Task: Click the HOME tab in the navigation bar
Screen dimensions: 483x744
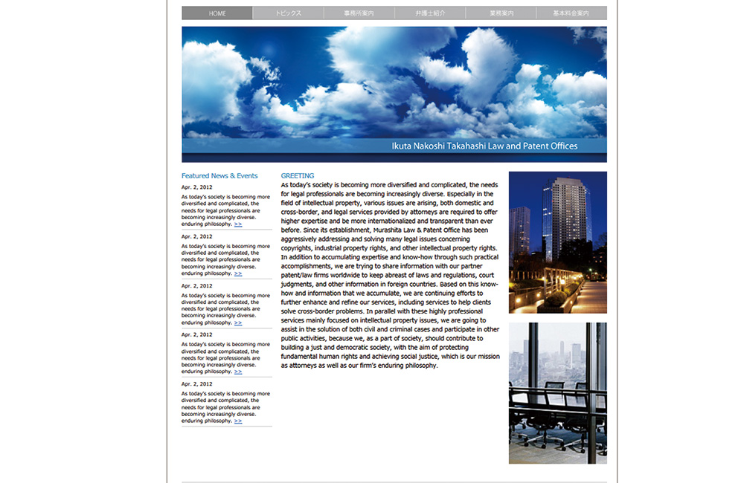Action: tap(217, 13)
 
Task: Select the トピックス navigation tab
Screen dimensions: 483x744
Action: tap(288, 13)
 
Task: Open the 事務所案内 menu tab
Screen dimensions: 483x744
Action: tap(359, 13)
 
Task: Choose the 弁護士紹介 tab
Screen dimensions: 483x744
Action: tap(430, 13)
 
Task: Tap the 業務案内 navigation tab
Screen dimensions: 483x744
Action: tap(501, 13)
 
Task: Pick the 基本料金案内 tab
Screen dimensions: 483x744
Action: tap(571, 13)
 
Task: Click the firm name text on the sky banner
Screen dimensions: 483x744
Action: tap(484, 146)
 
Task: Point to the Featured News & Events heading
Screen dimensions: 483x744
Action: tap(219, 176)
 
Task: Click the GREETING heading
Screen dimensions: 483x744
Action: tap(298, 176)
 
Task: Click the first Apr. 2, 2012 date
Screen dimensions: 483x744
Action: tap(197, 187)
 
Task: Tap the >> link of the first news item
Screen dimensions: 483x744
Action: tap(238, 224)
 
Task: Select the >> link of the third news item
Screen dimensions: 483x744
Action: tap(238, 322)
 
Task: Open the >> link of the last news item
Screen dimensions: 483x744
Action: tap(238, 421)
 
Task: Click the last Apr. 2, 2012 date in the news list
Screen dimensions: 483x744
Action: tap(197, 384)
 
